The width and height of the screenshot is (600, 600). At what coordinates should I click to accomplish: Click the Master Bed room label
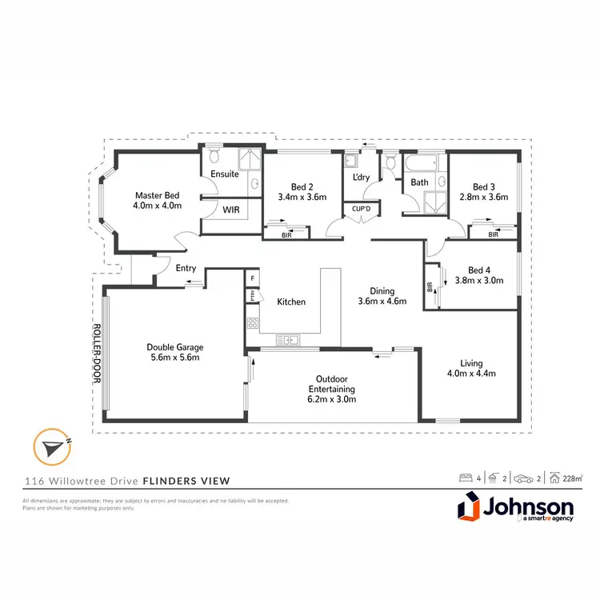(158, 194)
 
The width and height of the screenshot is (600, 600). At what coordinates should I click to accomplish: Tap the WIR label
(231, 210)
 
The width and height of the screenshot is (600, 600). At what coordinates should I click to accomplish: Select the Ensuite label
(224, 174)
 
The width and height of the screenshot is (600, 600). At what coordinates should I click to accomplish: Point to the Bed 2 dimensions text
(302, 196)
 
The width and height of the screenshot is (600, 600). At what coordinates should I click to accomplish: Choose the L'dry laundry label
(360, 178)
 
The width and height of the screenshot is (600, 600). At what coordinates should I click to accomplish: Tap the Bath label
(419, 182)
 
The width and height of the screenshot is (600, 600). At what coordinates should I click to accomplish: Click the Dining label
(382, 290)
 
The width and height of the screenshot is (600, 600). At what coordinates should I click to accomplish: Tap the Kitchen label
(291, 302)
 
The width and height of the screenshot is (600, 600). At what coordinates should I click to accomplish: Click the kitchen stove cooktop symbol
(253, 324)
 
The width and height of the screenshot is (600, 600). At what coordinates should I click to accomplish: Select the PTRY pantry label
(251, 294)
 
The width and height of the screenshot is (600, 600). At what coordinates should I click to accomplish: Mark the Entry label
(186, 268)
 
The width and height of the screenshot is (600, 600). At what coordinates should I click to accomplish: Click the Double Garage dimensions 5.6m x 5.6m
(175, 358)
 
